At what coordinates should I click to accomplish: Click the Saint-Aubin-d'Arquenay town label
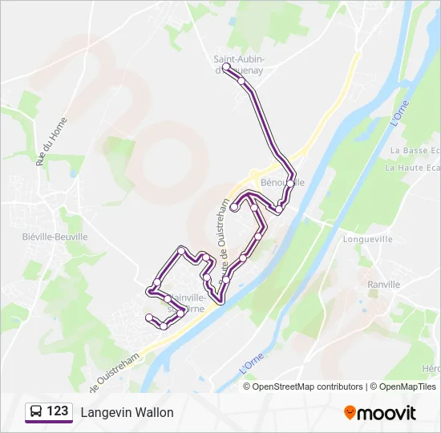pos(239,64)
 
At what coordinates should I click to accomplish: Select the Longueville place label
pos(367,239)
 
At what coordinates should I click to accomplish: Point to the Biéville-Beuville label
pos(55,237)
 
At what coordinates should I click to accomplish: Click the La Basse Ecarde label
pos(415,151)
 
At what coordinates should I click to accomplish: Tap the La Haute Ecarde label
pos(412,168)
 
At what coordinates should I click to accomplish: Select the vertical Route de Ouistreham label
pos(224,232)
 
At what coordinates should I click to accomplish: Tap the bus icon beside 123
pos(36,412)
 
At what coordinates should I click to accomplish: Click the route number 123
pos(58,412)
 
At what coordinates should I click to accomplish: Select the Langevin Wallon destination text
pos(127,413)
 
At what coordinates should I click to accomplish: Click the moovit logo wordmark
pos(386,413)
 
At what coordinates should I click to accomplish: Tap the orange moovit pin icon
pos(350,413)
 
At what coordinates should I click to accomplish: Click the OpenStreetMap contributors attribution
pos(308,386)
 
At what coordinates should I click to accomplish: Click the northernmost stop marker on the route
pos(226,67)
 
